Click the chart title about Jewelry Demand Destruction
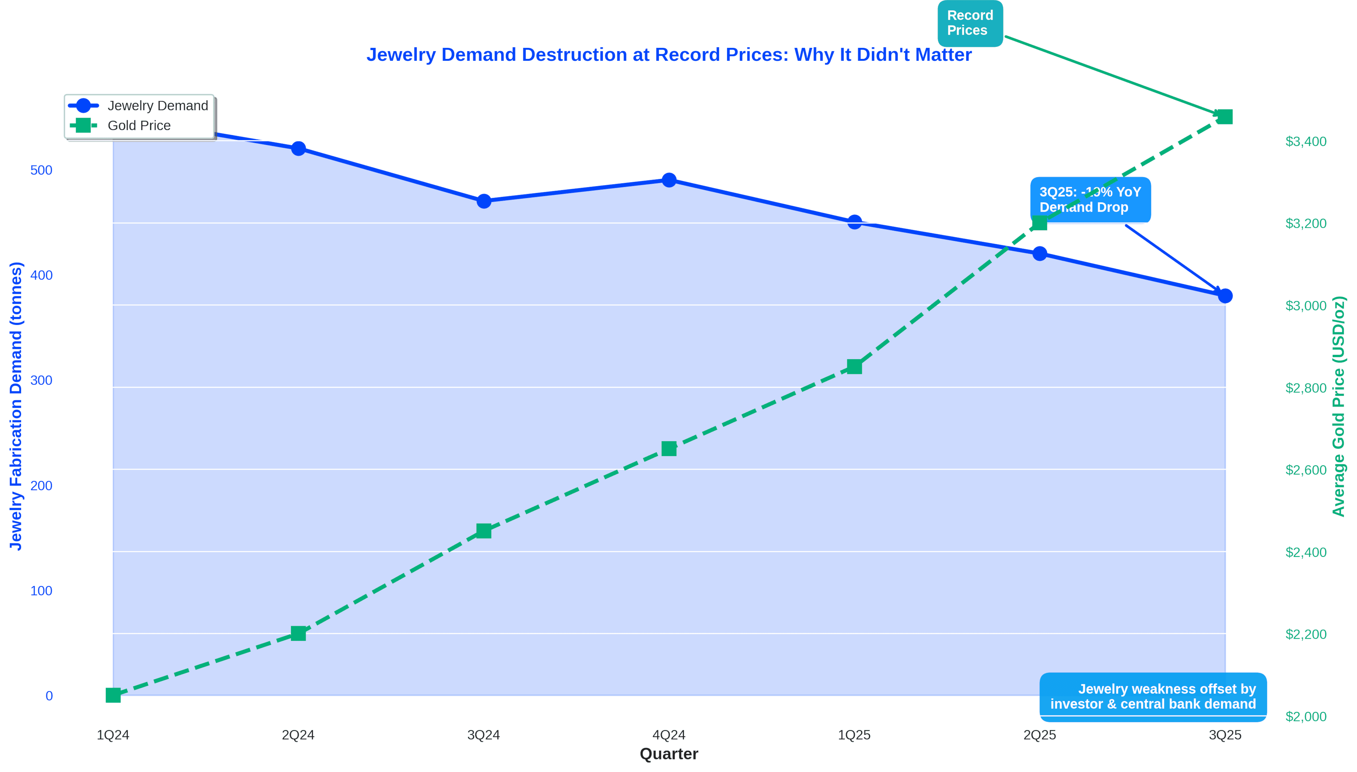(669, 55)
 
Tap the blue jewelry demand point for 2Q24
(298, 148)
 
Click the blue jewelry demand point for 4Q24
(669, 180)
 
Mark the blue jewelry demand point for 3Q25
(1225, 296)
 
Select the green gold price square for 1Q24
(113, 695)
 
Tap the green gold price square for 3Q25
(1225, 117)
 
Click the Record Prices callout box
(970, 23)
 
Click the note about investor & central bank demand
(1153, 697)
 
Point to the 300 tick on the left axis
(41, 381)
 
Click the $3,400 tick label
(1306, 142)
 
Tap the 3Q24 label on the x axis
(484, 735)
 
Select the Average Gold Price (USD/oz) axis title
(1339, 406)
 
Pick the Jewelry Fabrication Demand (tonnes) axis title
(16, 406)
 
